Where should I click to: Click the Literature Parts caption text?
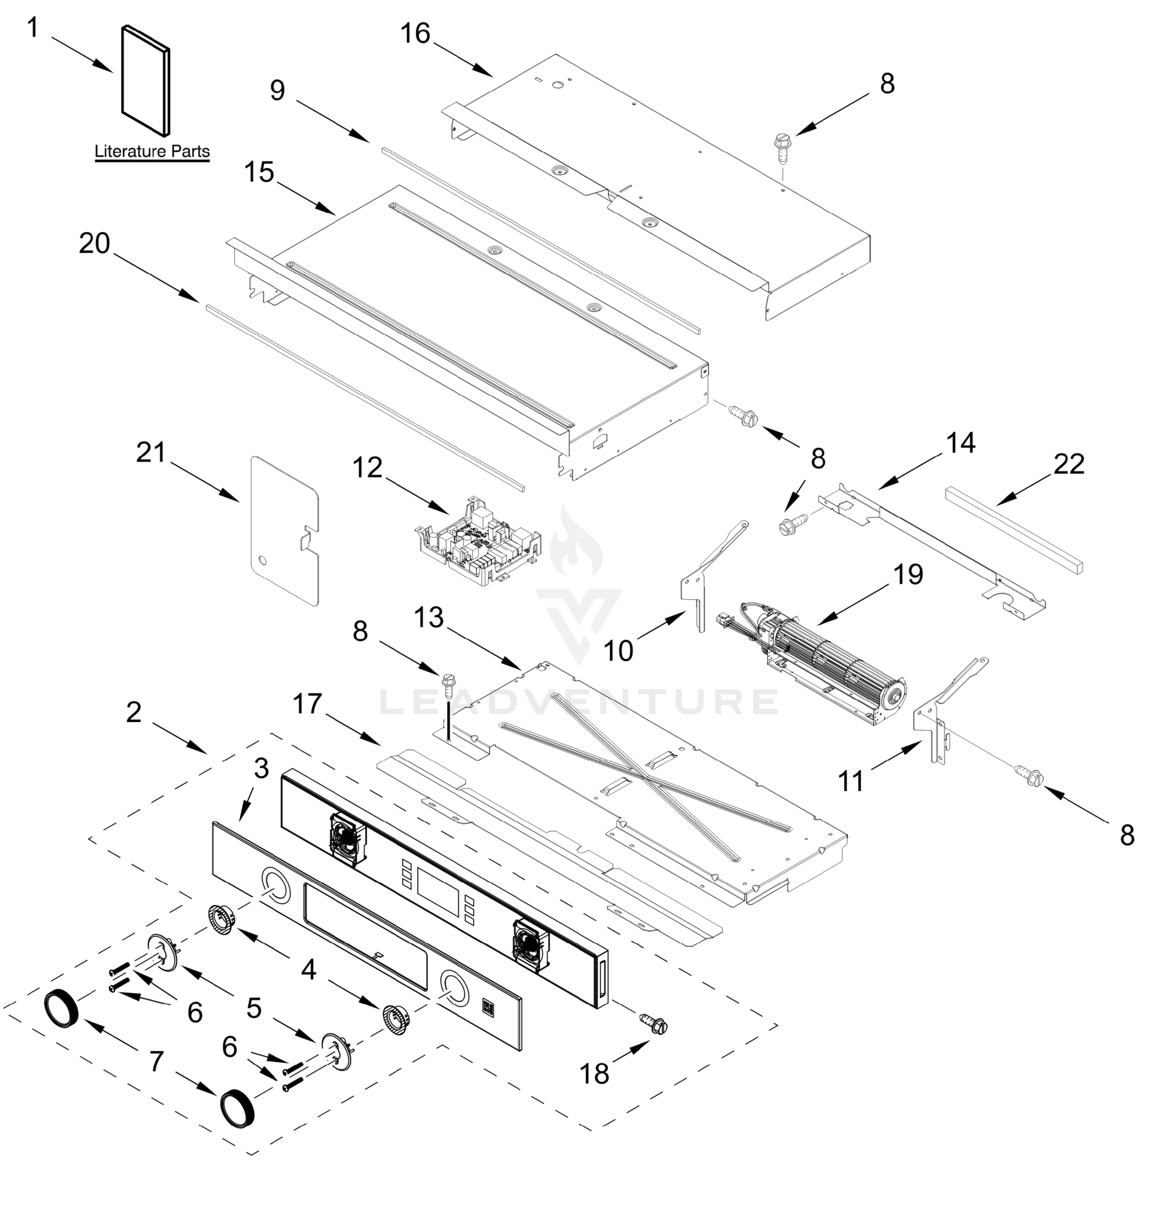(x=152, y=151)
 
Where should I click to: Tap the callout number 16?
(x=415, y=34)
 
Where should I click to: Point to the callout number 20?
(x=94, y=244)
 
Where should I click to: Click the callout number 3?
(x=261, y=768)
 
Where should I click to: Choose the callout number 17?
(x=307, y=703)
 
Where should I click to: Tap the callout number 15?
(x=259, y=172)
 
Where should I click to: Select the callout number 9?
(x=277, y=90)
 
